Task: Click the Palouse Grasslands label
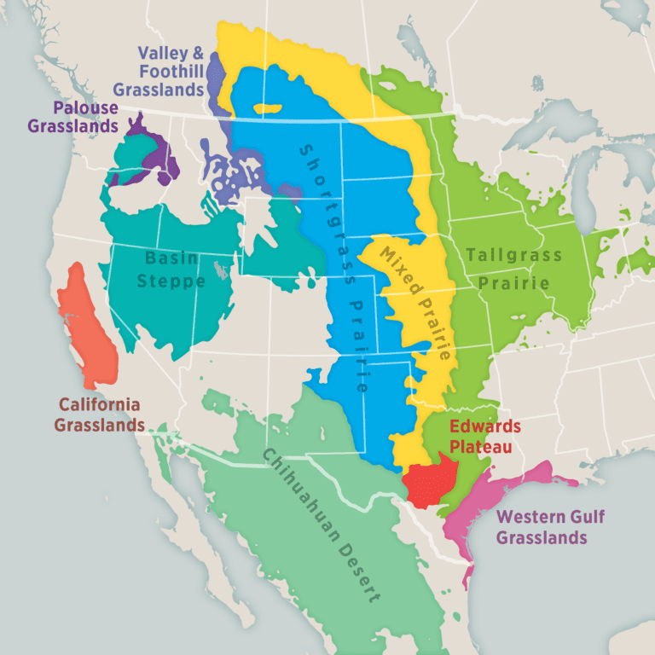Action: click(72, 118)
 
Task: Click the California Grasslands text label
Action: click(99, 414)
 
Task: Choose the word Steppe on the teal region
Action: click(174, 281)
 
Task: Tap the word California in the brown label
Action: click(99, 404)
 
